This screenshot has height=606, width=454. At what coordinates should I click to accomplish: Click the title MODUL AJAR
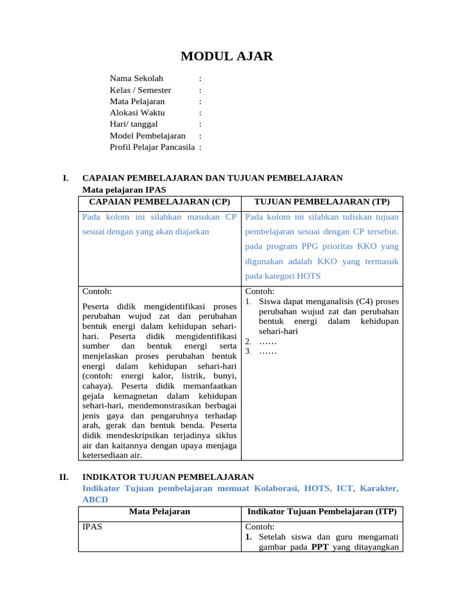pos(227,57)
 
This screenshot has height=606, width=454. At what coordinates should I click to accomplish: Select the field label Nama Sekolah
pos(137,78)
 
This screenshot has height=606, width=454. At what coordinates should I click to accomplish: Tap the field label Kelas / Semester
pos(141,90)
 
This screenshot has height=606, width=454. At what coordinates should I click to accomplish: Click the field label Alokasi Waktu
pos(138,112)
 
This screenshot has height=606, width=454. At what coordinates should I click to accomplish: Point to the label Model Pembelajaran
pos(148,136)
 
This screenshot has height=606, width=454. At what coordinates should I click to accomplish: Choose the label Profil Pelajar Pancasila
pos(153,147)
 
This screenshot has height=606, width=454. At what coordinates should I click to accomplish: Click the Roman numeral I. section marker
pos(66,178)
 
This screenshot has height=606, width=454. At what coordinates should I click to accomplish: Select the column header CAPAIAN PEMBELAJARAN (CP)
pos(160,201)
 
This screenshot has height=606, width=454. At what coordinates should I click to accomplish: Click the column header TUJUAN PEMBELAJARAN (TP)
pos(322,201)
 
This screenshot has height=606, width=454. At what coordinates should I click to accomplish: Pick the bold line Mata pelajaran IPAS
pos(124,190)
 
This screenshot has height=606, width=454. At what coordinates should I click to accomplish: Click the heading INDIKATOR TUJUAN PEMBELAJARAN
pos(168,476)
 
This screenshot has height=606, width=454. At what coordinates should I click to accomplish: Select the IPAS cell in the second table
pos(92,526)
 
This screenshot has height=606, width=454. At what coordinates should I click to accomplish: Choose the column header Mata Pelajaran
pos(160,511)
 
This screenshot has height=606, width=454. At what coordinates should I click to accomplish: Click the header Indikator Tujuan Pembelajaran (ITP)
pos(322,511)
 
